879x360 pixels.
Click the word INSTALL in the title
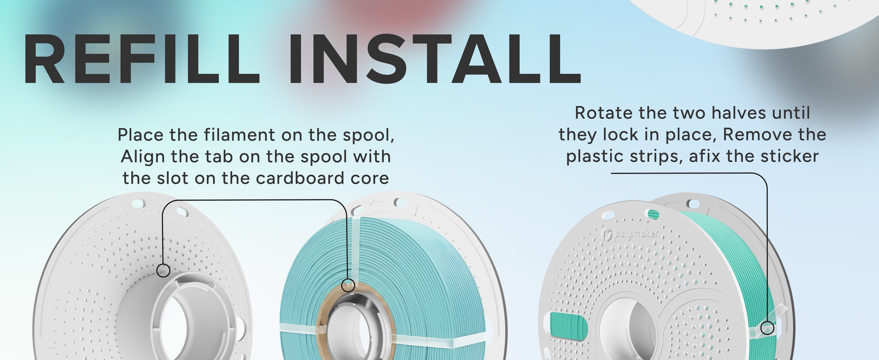point(435,59)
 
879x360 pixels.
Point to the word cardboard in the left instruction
point(301,178)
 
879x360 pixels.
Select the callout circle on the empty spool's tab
point(163,270)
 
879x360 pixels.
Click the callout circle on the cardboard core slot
point(348,285)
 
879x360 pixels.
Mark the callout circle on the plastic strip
point(768,328)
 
